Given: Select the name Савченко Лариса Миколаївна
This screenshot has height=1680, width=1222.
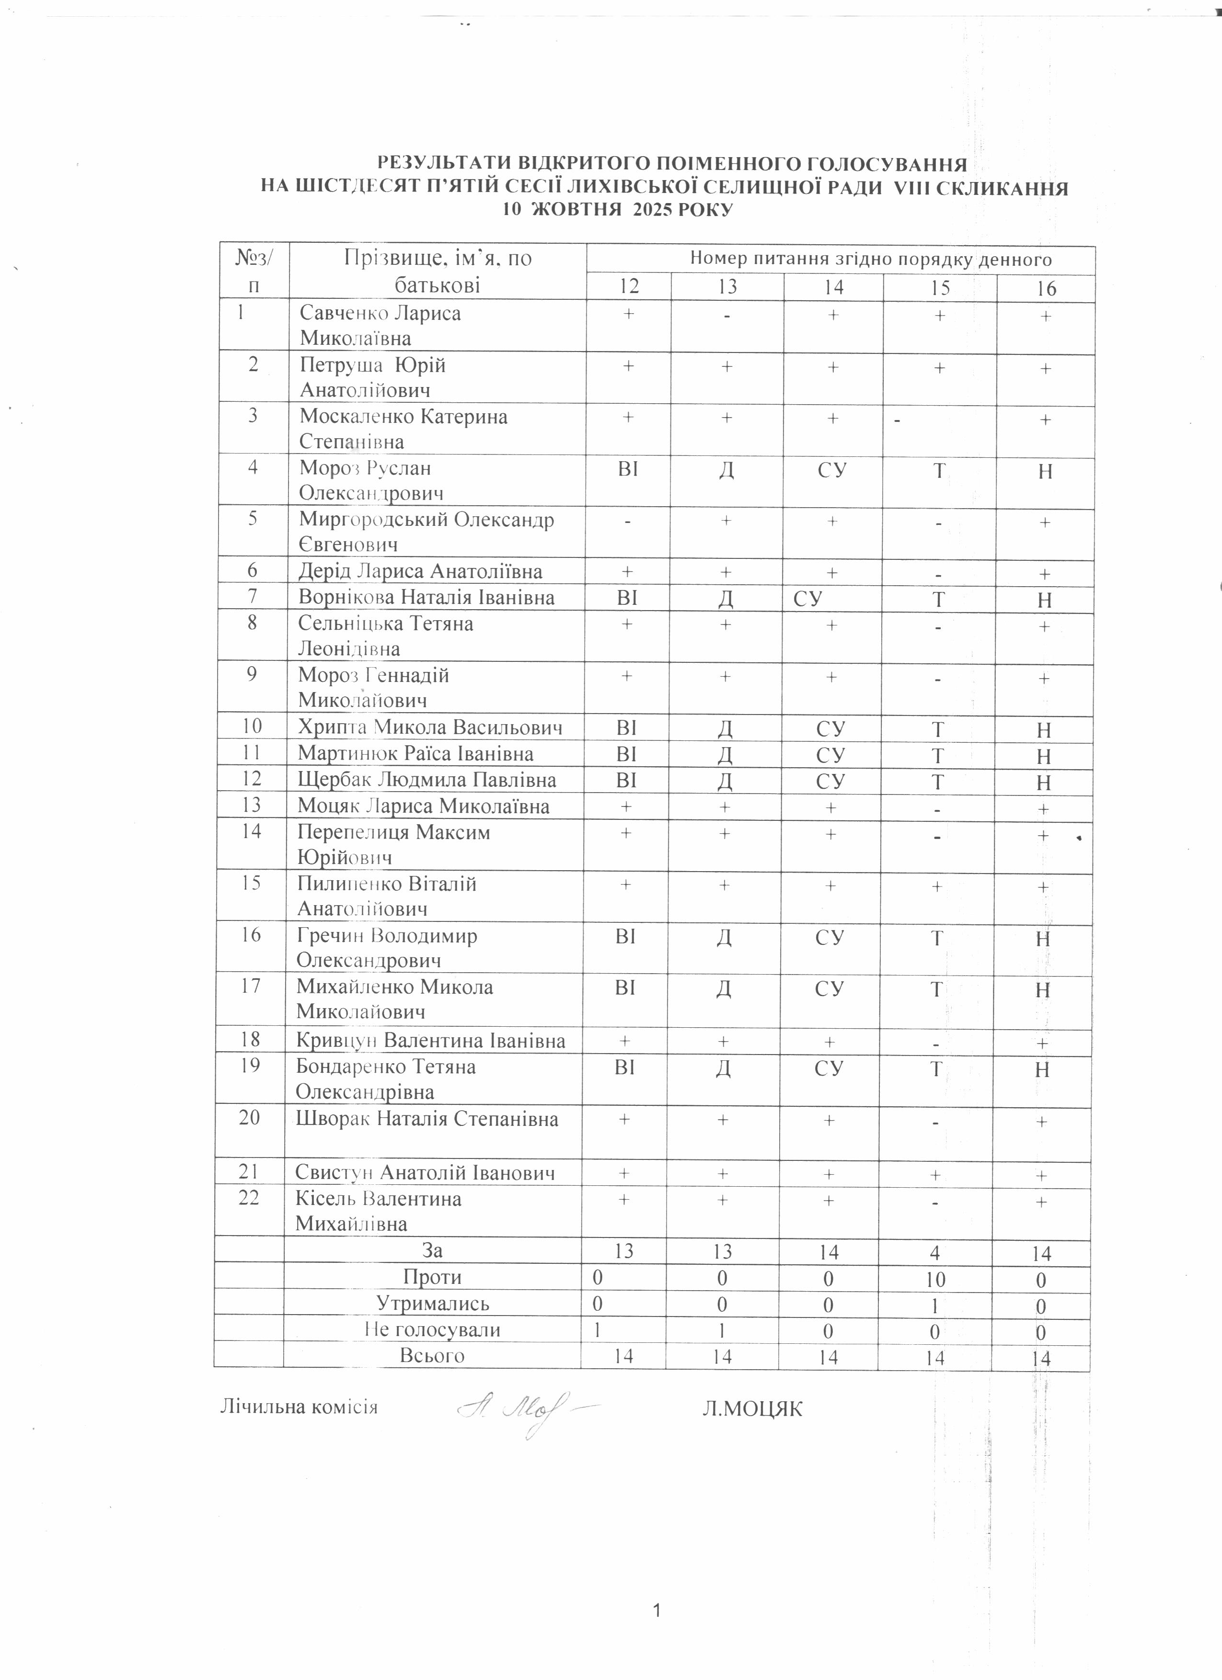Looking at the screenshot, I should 380,325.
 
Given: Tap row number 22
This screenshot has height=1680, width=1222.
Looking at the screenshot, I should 249,1198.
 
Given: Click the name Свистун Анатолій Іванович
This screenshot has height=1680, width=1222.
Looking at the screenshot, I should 426,1172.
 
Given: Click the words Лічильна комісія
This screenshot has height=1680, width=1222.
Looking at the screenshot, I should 299,1407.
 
